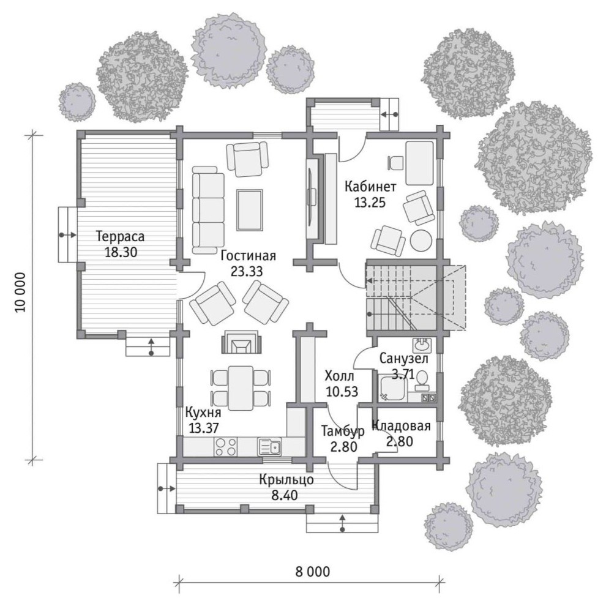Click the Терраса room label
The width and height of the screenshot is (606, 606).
click(x=121, y=236)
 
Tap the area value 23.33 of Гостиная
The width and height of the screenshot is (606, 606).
click(x=247, y=271)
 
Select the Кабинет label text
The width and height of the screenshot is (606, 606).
click(x=370, y=187)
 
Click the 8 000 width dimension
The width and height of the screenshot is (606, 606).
click(x=313, y=572)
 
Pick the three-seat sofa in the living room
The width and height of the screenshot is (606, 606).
click(x=208, y=210)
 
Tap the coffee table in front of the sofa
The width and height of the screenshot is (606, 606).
click(x=250, y=210)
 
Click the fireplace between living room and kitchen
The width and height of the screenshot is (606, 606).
click(x=241, y=342)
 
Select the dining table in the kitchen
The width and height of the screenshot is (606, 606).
click(x=241, y=388)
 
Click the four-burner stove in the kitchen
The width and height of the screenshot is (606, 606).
click(x=225, y=446)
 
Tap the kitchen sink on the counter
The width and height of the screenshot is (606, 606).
click(x=270, y=447)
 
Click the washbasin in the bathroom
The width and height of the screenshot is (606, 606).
click(x=423, y=343)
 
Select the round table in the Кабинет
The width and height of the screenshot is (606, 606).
click(x=421, y=241)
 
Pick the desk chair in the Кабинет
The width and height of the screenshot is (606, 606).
click(x=394, y=163)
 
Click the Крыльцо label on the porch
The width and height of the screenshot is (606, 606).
click(x=286, y=480)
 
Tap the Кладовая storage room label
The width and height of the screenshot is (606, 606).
click(x=401, y=426)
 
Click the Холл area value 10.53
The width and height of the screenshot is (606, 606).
click(x=342, y=392)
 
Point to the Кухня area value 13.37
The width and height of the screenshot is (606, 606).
click(x=204, y=428)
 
